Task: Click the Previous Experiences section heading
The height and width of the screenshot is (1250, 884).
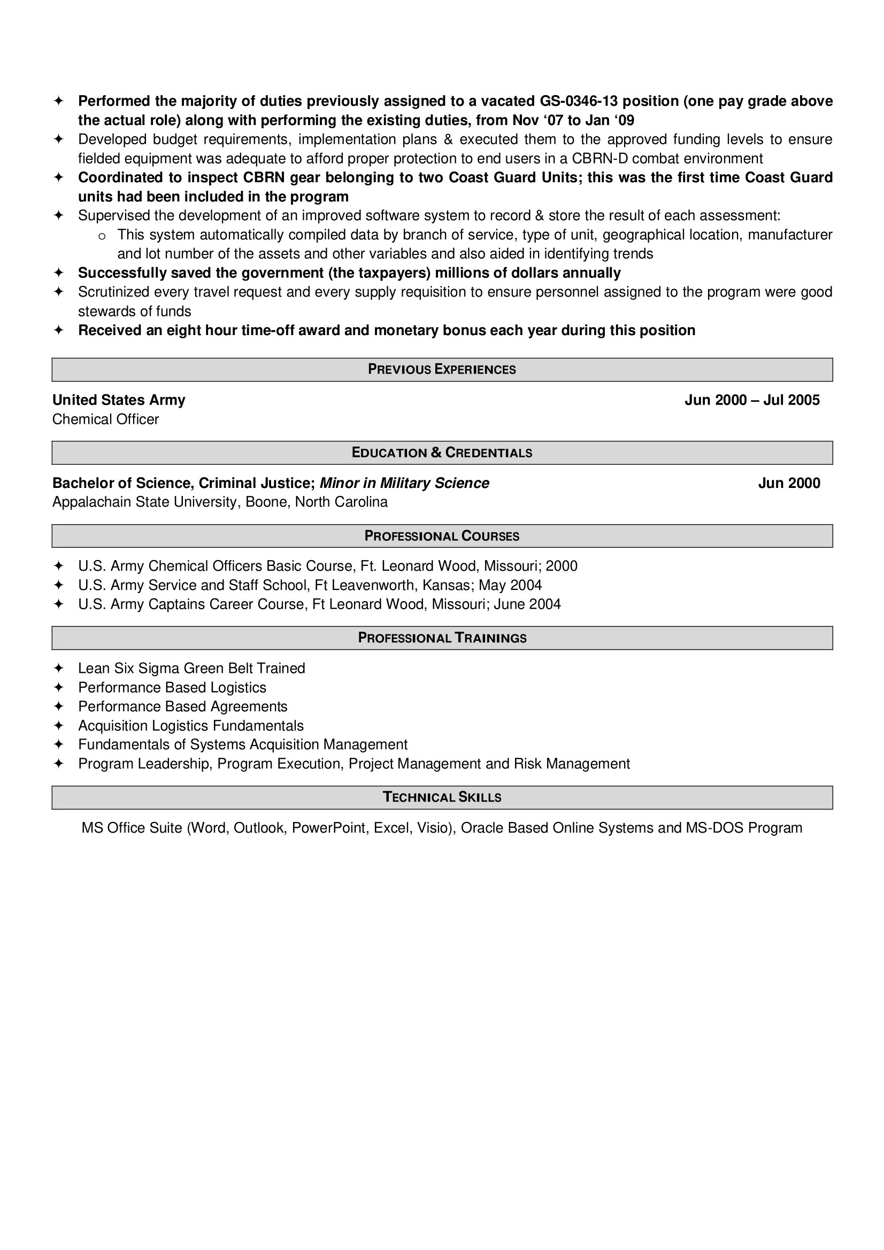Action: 442,370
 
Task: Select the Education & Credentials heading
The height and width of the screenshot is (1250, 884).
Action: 442,453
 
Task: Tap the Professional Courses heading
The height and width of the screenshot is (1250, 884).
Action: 442,536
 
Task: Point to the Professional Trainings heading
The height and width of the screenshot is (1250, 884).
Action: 442,638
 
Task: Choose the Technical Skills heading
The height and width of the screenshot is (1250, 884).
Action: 442,797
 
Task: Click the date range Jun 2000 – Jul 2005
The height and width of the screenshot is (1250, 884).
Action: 752,400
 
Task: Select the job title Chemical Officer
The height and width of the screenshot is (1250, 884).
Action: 106,419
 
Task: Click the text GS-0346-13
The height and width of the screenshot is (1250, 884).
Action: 579,101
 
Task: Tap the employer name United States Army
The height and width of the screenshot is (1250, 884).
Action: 119,400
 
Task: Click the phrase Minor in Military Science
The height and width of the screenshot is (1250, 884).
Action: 404,484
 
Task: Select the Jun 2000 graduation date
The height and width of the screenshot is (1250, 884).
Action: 789,484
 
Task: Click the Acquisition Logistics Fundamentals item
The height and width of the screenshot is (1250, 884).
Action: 190,726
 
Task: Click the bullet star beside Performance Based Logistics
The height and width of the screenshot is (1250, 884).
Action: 59,688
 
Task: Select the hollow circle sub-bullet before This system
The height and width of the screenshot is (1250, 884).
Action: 101,236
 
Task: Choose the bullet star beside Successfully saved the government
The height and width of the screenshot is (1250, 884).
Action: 59,273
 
